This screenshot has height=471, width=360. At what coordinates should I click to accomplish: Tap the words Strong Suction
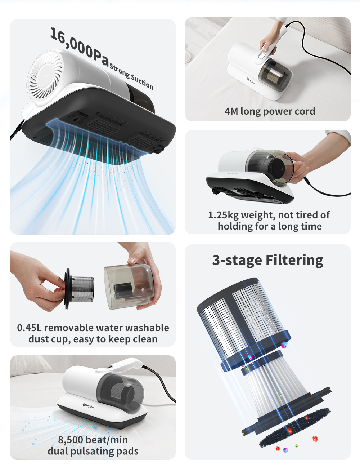pyautogui.click(x=131, y=77)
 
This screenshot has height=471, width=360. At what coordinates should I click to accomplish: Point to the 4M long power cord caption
pyautogui.click(x=270, y=111)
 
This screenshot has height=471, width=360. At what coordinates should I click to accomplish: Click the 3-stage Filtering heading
pyautogui.click(x=267, y=260)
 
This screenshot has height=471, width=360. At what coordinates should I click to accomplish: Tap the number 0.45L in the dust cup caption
pyautogui.click(x=29, y=328)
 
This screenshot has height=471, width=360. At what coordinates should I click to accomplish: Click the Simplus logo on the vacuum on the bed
pyautogui.click(x=251, y=81)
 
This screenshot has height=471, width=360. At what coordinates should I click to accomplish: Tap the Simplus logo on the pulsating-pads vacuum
pyautogui.click(x=89, y=406)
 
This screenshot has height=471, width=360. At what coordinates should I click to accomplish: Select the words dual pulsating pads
pyautogui.click(x=93, y=451)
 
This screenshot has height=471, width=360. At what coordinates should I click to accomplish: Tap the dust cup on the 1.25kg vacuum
pyautogui.click(x=272, y=168)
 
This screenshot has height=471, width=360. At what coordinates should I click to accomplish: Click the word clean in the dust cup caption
pyautogui.click(x=145, y=339)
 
